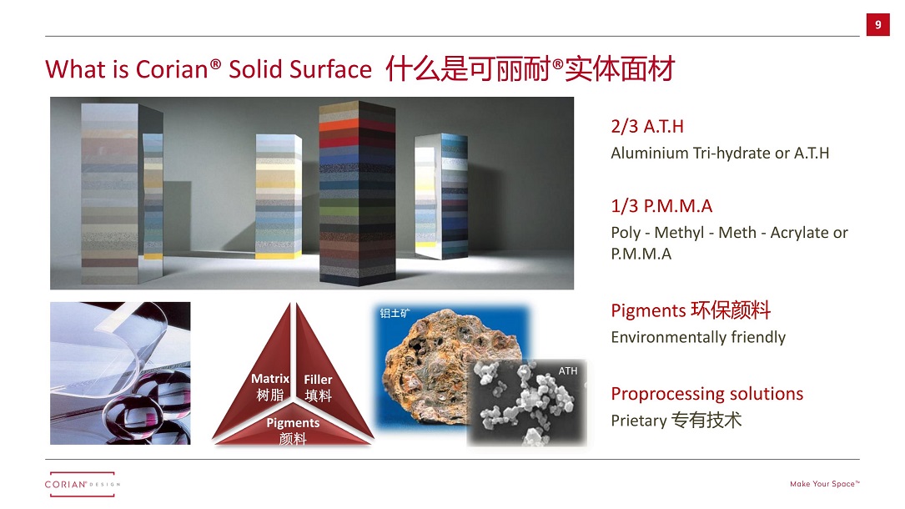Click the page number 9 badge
(x=877, y=25)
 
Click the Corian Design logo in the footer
(x=82, y=484)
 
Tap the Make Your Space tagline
(x=825, y=484)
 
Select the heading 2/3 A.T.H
(x=647, y=126)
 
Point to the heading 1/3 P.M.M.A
(x=661, y=206)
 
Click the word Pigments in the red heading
(x=648, y=311)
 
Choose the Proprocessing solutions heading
(x=707, y=394)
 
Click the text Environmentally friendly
(x=698, y=337)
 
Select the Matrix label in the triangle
(x=270, y=379)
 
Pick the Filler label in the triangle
(x=318, y=379)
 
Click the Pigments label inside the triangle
(x=293, y=422)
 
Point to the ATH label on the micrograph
(x=567, y=371)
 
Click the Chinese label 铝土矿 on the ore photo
(x=395, y=314)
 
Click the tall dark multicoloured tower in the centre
(x=357, y=194)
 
